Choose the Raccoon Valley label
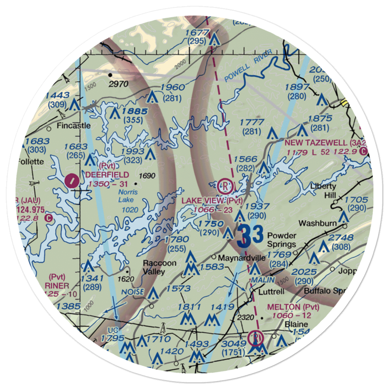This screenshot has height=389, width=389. [159, 267]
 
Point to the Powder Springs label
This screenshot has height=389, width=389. [282, 240]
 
